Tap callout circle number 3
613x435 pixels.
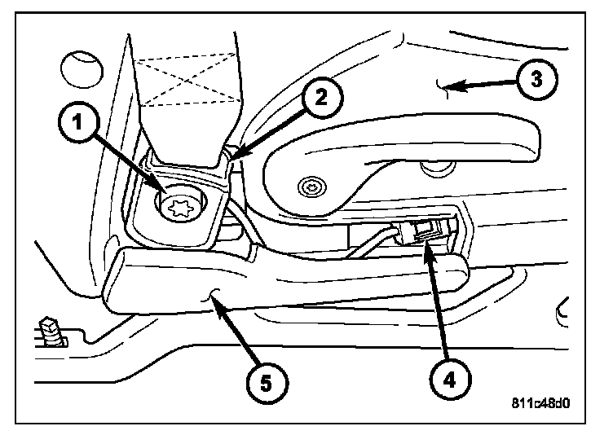tap(536, 80)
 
